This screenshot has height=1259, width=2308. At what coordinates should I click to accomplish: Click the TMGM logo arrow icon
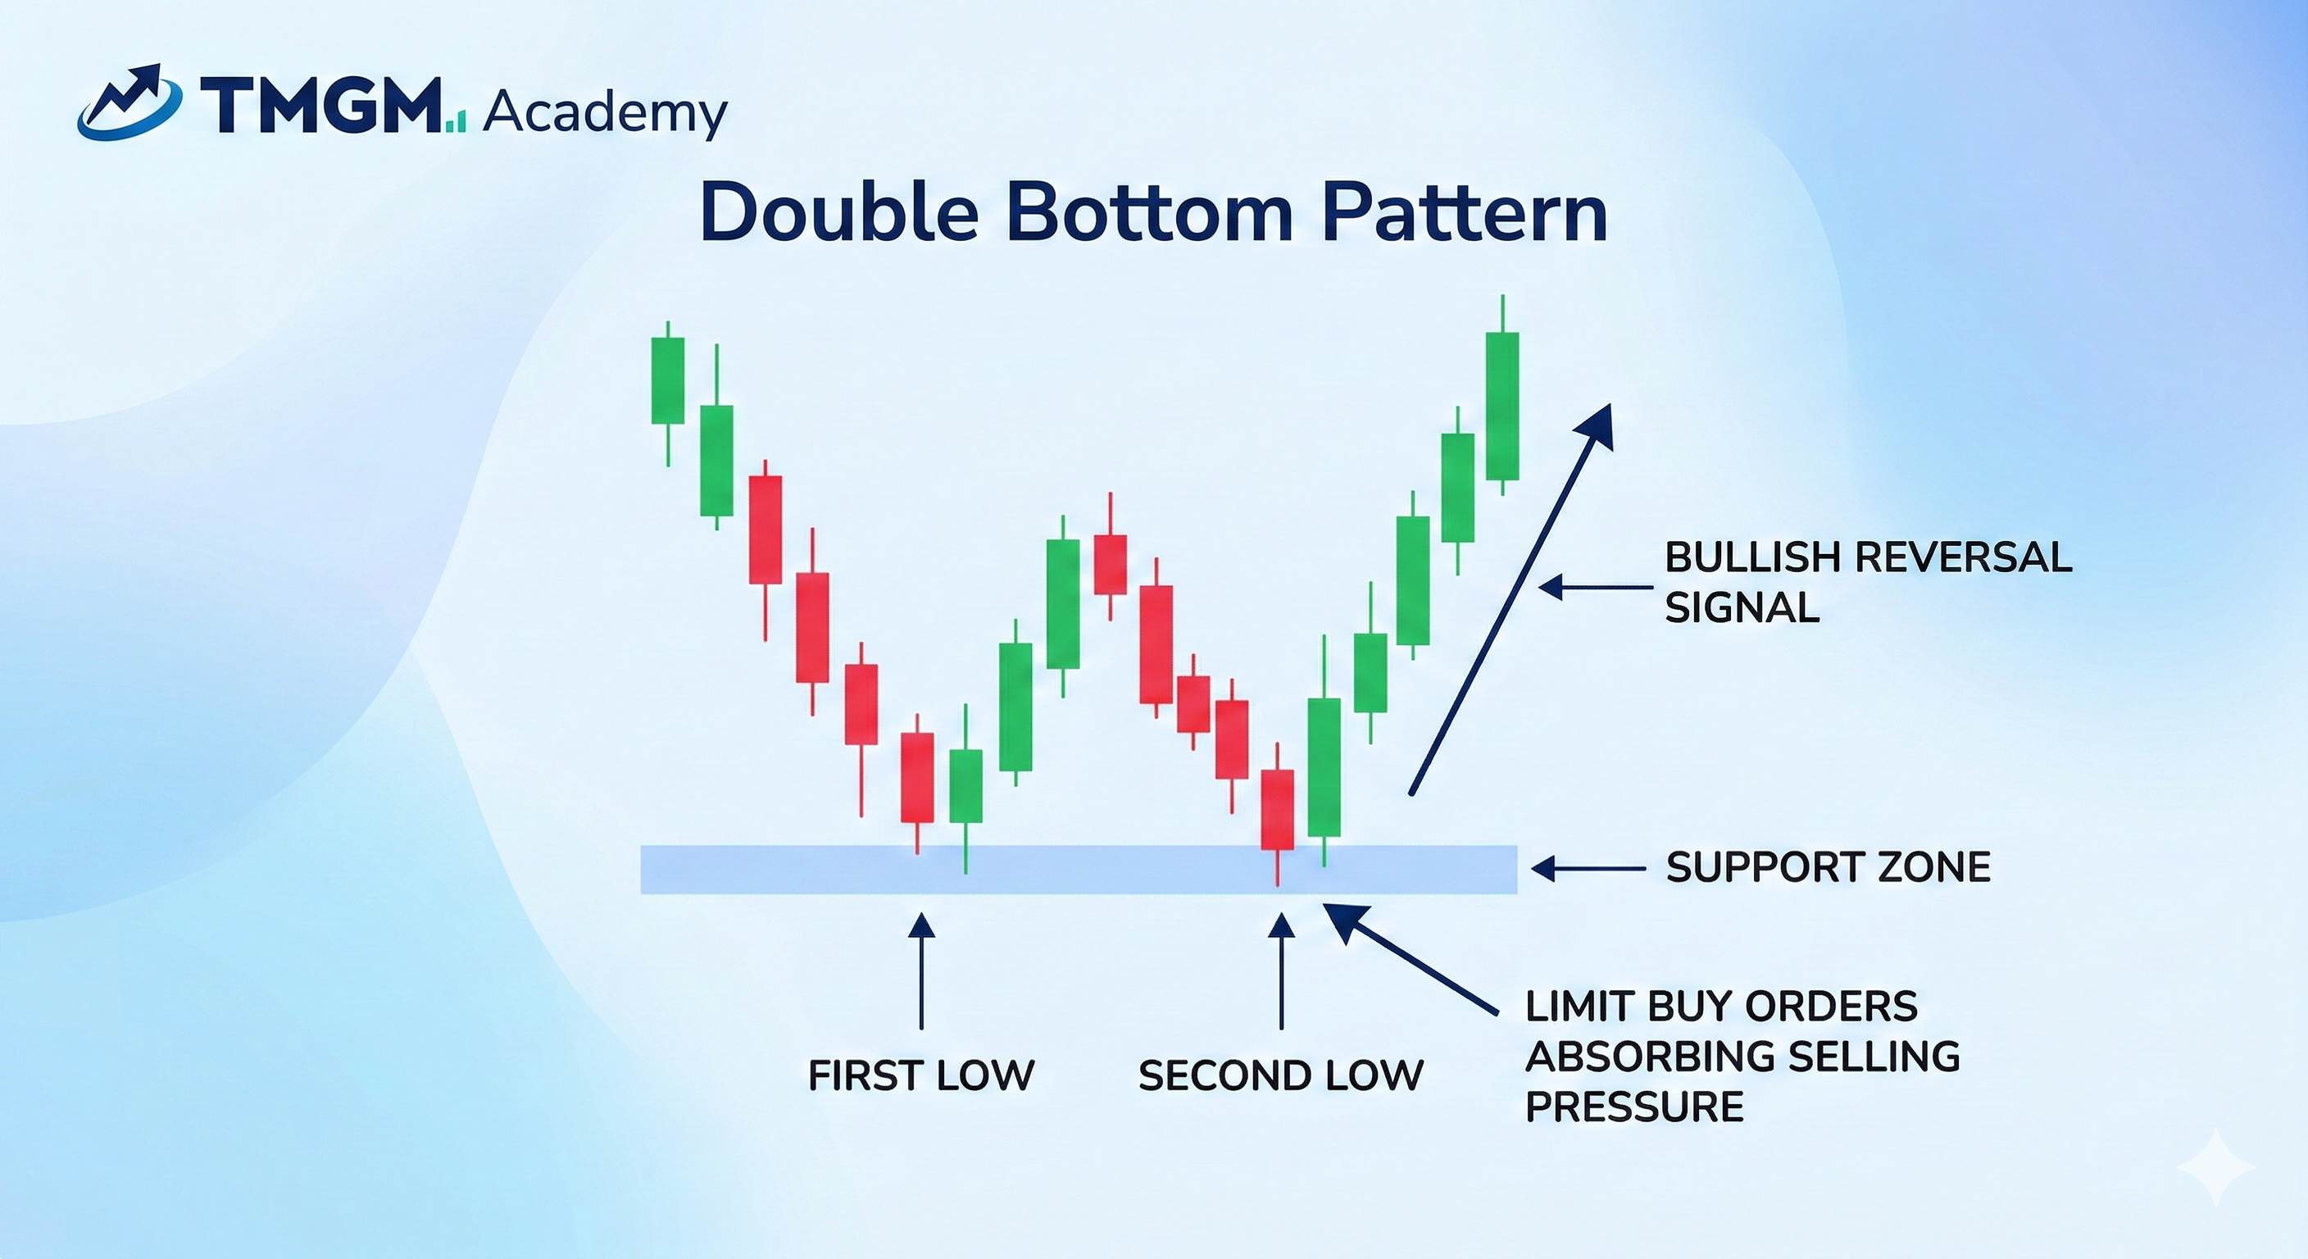click(x=130, y=102)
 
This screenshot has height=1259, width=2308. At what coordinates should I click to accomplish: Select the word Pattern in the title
click(x=1463, y=213)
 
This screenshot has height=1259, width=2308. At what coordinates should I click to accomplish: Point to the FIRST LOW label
click(x=921, y=1075)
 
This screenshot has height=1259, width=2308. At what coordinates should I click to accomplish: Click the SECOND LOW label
click(x=1280, y=1075)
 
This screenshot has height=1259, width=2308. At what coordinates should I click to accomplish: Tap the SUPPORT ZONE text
click(x=1828, y=867)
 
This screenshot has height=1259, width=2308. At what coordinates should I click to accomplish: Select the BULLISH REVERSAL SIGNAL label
click(x=1868, y=583)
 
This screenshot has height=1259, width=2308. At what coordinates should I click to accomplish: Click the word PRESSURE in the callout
click(x=1634, y=1107)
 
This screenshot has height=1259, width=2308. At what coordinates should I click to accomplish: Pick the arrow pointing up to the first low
click(x=921, y=972)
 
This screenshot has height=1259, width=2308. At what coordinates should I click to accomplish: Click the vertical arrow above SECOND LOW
click(x=1281, y=972)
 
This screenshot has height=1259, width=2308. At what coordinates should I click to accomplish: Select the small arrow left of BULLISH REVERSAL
click(x=1595, y=588)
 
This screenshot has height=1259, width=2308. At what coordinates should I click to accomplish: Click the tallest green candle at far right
click(x=1502, y=406)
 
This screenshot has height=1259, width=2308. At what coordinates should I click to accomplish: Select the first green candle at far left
click(x=667, y=380)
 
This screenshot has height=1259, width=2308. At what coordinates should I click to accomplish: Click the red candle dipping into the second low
click(x=1277, y=809)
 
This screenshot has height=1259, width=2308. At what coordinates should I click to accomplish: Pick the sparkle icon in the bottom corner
click(x=2216, y=1166)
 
